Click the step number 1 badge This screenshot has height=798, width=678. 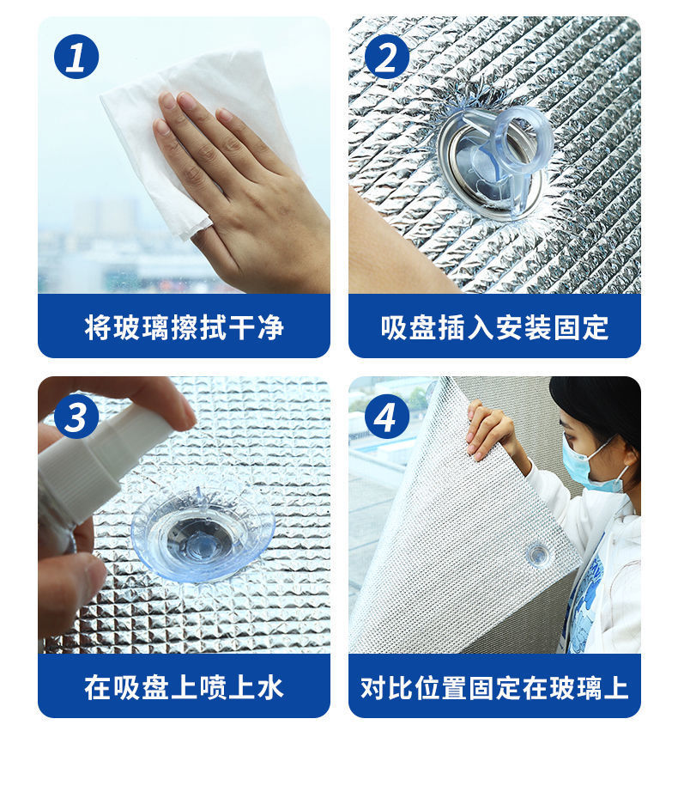(76, 57)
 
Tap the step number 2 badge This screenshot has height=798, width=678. (386, 57)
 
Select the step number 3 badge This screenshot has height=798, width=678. (76, 417)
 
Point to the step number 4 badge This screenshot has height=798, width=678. (386, 417)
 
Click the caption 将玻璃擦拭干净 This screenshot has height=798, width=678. (184, 327)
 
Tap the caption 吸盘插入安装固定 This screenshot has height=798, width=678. (494, 327)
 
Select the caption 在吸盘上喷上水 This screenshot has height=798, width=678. (184, 687)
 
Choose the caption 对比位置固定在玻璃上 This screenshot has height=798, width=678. (494, 687)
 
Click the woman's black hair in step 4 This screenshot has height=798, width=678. (601, 404)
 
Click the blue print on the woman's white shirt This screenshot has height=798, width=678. (587, 593)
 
